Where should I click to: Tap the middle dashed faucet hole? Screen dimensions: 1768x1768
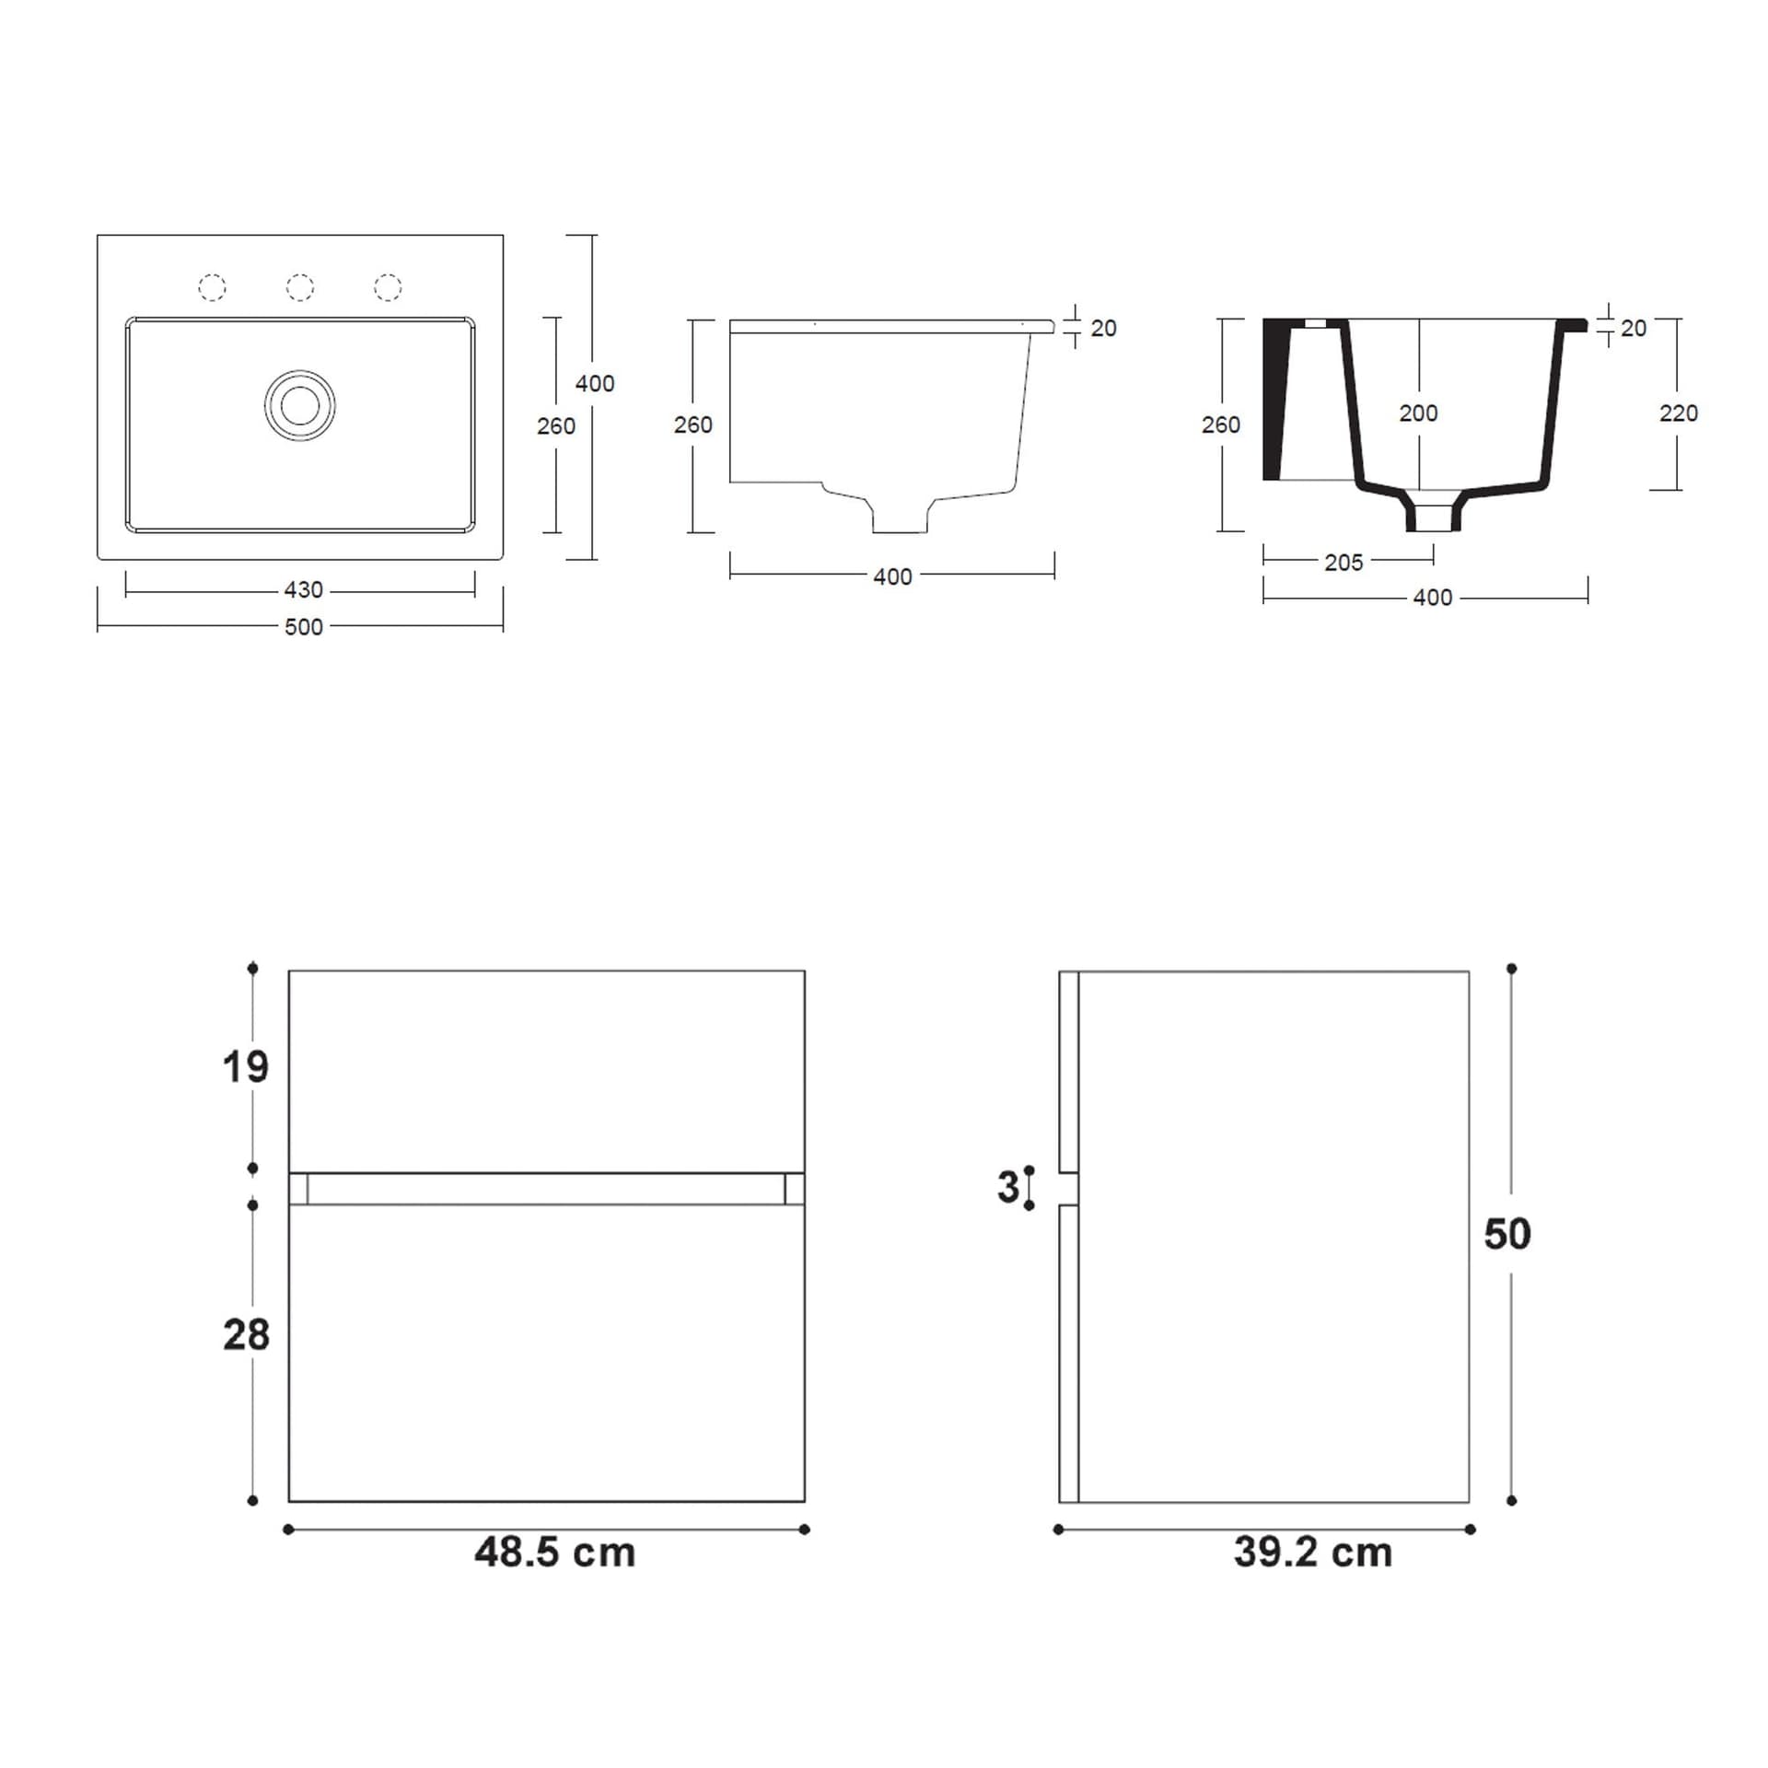click(x=300, y=287)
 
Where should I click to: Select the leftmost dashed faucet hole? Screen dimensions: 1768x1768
click(x=213, y=287)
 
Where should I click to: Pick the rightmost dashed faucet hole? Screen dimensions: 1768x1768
click(x=388, y=287)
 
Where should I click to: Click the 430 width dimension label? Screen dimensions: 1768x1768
click(x=304, y=589)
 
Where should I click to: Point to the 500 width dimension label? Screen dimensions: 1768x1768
click(x=304, y=627)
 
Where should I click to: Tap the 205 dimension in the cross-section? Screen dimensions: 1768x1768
click(x=1343, y=563)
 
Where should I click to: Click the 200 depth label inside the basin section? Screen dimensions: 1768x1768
click(x=1418, y=413)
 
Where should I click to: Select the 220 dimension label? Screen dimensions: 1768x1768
click(x=1679, y=413)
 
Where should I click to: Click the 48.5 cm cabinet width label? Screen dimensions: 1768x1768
click(x=555, y=1553)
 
